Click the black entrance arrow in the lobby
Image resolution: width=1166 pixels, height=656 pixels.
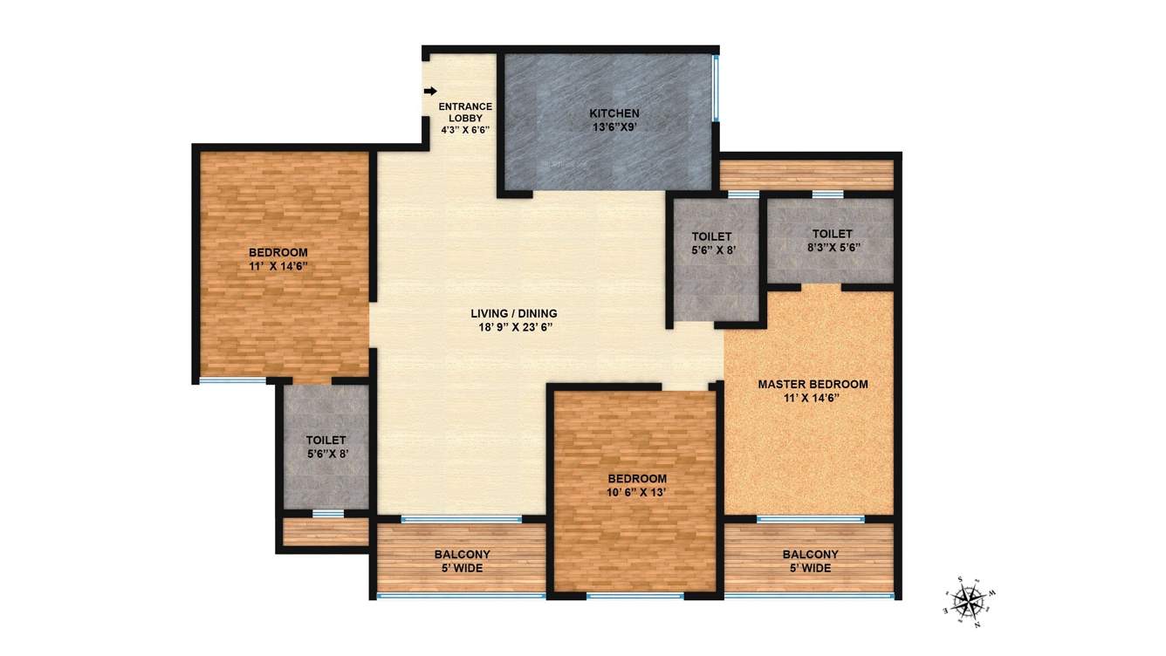point(430,91)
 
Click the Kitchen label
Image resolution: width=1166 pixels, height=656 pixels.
point(614,113)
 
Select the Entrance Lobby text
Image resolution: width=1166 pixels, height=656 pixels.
point(465,112)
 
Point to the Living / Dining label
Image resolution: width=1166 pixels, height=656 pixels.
point(513,313)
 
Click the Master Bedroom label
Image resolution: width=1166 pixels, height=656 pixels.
point(813,384)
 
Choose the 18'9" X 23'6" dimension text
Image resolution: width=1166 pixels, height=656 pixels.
point(513,327)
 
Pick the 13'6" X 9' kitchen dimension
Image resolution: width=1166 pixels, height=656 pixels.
point(614,126)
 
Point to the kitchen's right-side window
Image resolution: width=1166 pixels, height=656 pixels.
point(716,88)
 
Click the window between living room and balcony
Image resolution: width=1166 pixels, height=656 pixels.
point(462,519)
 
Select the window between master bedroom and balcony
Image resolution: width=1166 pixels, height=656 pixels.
point(810,519)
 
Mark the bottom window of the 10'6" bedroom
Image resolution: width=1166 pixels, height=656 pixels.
point(634,597)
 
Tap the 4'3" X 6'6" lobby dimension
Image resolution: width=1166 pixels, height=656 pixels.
point(465,129)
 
